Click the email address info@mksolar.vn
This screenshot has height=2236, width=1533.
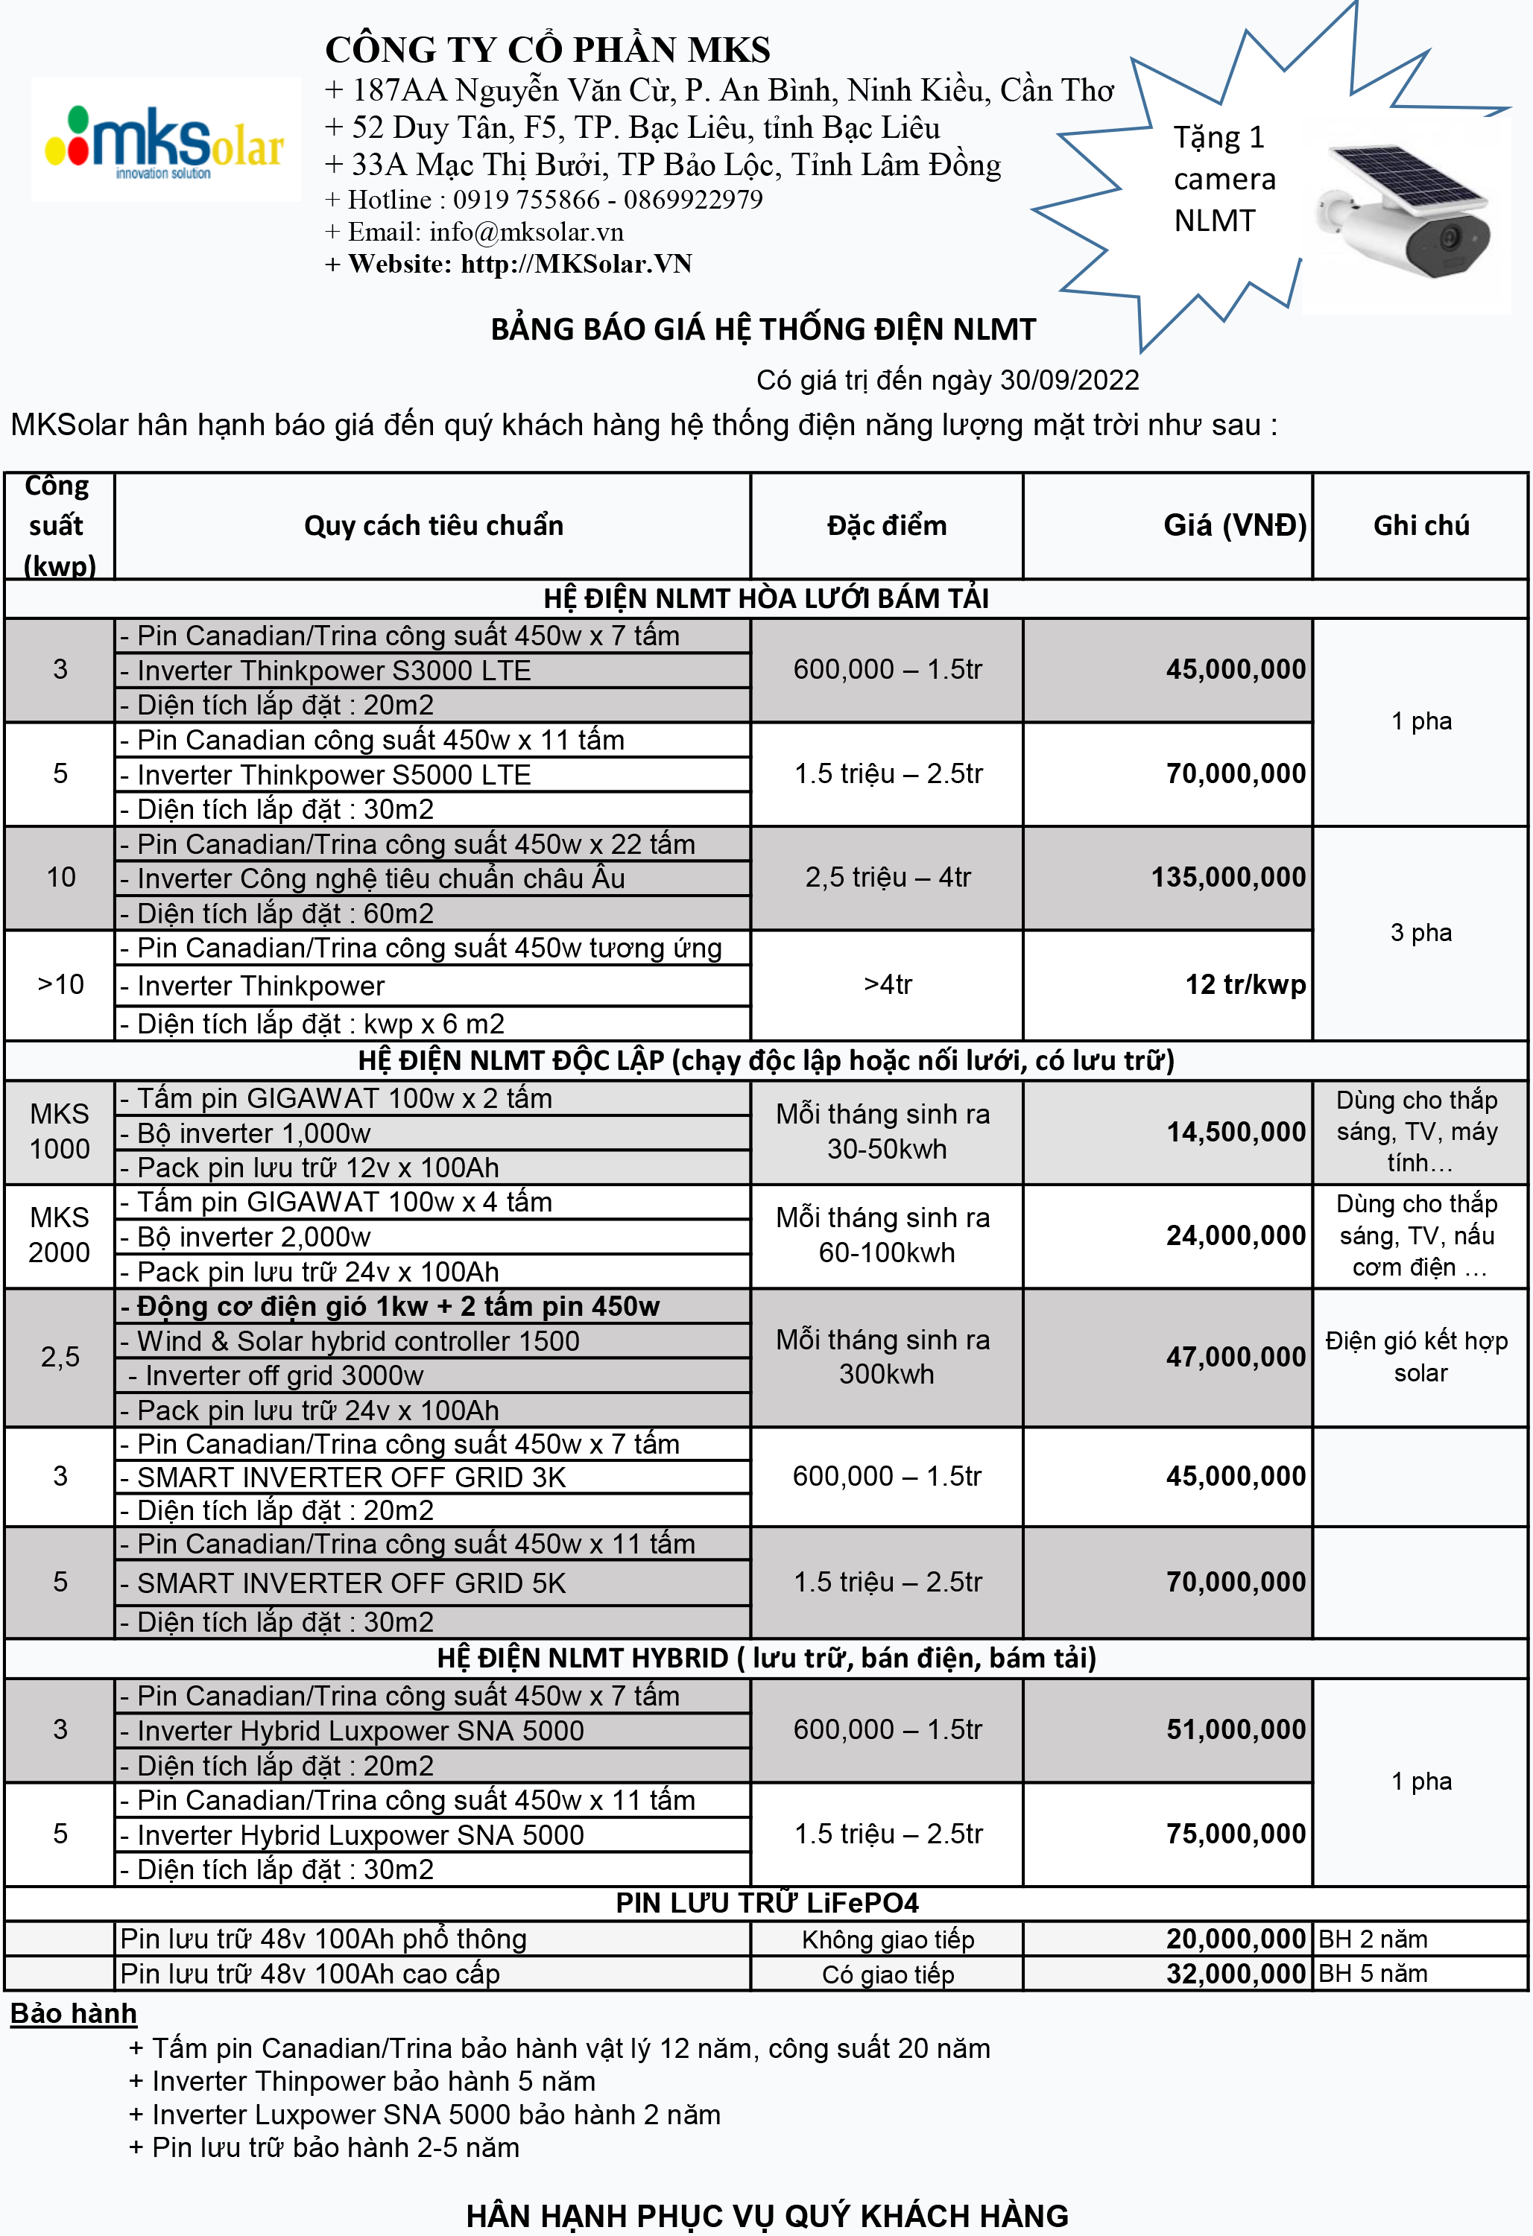pos(525,232)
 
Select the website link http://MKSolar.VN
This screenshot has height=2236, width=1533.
pos(575,265)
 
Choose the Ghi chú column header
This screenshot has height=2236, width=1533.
pos(1420,525)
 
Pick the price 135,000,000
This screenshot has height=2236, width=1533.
pos(1228,878)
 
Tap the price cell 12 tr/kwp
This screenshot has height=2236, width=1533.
pos(1245,984)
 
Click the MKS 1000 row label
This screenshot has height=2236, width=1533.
pos(60,1132)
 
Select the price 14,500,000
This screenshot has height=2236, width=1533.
pos(1236,1132)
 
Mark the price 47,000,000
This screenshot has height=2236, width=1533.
pos(1236,1357)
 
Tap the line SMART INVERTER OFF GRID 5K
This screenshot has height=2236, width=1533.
pos(351,1583)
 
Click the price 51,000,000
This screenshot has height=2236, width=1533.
pos(1236,1729)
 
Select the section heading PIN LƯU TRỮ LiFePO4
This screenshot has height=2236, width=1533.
pos(767,1902)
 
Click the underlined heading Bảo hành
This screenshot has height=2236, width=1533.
pos(74,2014)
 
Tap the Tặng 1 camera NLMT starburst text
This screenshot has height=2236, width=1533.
pos(1223,179)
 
